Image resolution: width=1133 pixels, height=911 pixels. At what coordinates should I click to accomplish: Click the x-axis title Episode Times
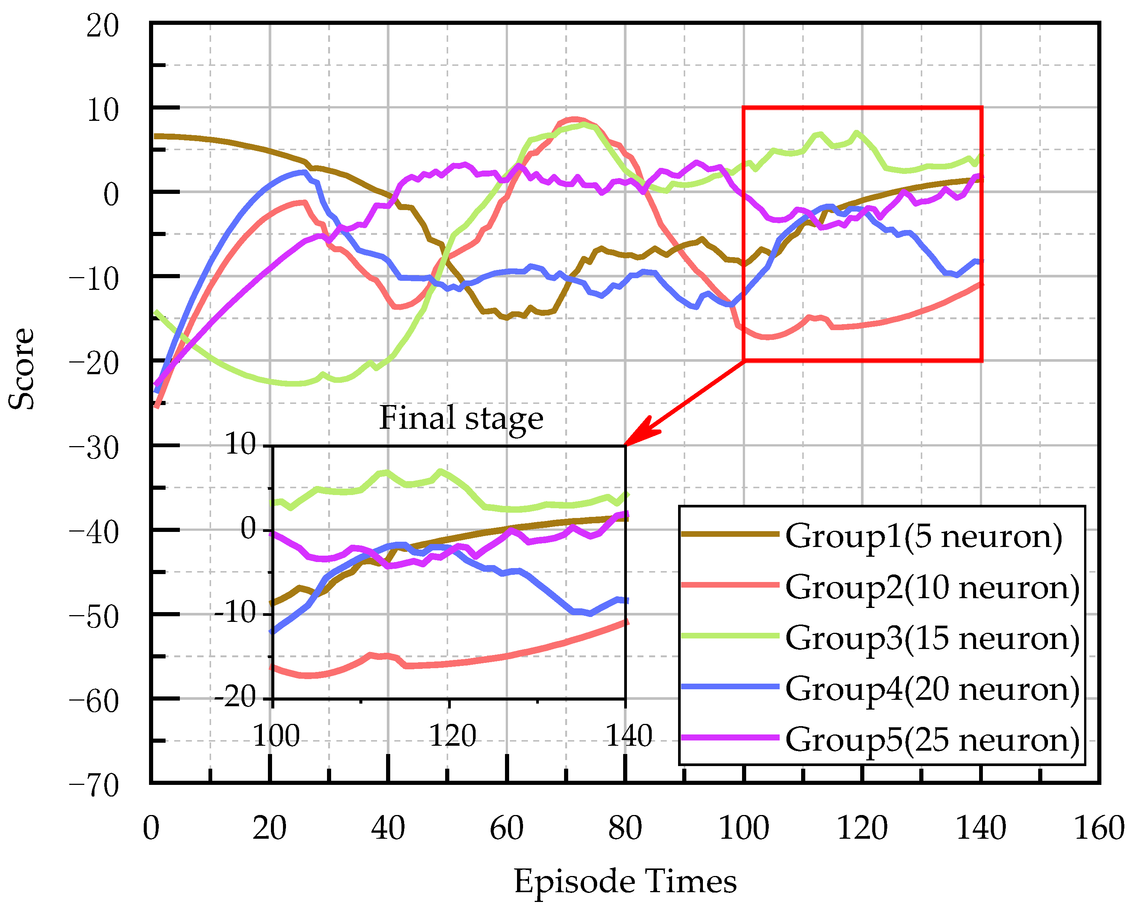click(625, 882)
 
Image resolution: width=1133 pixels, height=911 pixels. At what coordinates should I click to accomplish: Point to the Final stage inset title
click(461, 419)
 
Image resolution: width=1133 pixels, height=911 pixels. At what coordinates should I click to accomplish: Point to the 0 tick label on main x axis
click(151, 829)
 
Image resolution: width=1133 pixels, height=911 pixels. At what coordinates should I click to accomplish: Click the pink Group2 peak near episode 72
click(574, 119)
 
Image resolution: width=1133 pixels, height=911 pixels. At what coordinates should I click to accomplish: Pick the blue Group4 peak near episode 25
click(303, 172)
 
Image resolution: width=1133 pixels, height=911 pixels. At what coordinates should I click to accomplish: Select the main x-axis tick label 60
click(506, 829)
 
